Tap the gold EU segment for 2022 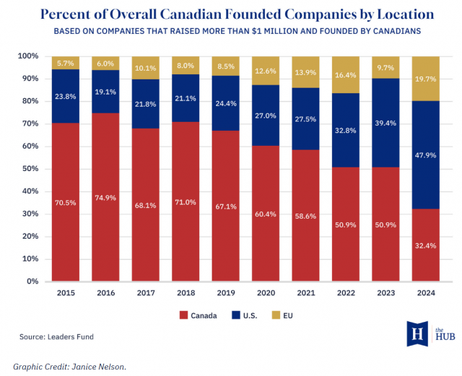[x=346, y=74]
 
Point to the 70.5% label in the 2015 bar [x=65, y=204]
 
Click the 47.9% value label [x=426, y=156]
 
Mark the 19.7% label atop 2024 [x=426, y=79]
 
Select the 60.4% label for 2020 [x=266, y=214]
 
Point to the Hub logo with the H [x=417, y=333]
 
